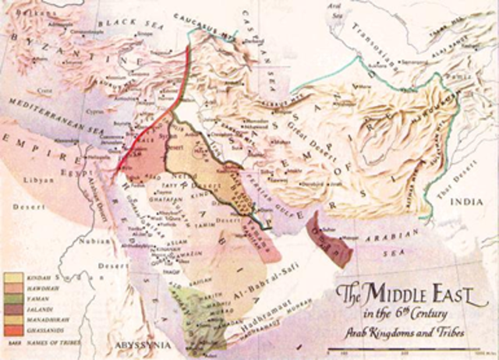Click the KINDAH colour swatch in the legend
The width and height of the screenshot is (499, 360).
pos(13,277)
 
